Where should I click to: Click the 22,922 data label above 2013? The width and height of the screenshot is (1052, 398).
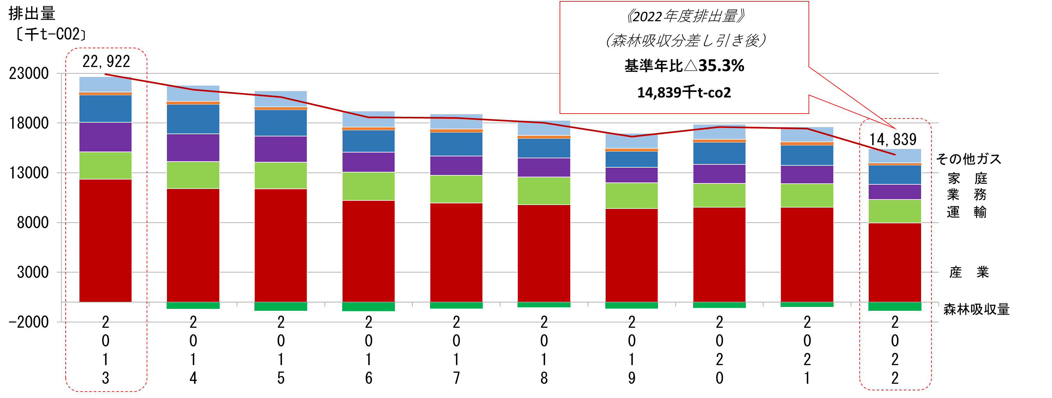106,62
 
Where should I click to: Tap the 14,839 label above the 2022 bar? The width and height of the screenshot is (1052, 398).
893,140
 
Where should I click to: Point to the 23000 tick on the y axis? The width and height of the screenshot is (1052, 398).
29,74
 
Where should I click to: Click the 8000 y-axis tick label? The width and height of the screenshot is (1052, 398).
33,223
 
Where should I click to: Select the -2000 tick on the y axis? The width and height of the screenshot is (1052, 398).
29,322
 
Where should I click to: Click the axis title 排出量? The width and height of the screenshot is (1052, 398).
32,14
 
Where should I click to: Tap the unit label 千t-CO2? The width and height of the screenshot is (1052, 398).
51,34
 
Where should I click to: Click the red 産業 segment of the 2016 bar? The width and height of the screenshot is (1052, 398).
368,251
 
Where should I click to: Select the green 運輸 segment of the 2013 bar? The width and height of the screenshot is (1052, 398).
105,165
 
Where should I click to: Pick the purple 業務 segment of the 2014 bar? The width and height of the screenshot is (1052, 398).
193,147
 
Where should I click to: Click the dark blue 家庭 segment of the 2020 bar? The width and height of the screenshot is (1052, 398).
719,153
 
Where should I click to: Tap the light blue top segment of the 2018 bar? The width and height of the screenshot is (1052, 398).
544,128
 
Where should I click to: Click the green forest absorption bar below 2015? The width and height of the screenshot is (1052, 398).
280,307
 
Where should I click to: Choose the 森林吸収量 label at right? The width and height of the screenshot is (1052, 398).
976,309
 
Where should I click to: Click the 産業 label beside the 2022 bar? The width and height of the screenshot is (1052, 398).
969,272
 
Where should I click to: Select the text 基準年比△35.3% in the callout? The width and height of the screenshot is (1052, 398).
684,66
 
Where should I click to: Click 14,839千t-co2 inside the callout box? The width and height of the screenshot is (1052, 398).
684,93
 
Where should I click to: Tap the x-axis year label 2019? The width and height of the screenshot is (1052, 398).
632,350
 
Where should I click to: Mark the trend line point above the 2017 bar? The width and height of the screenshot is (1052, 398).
456,118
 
